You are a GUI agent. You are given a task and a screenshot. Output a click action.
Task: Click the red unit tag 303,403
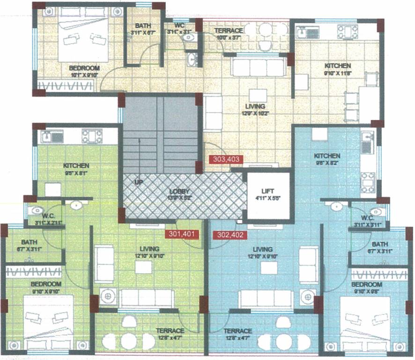[x=226, y=159]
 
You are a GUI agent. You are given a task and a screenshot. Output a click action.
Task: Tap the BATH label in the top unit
[x=142, y=26]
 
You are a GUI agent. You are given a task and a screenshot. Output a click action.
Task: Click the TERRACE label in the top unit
[x=229, y=30]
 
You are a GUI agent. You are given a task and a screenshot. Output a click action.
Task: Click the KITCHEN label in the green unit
[x=76, y=165]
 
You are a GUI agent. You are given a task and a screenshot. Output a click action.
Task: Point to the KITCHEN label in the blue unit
[x=327, y=156]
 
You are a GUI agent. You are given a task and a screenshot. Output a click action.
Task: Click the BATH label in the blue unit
[x=379, y=244]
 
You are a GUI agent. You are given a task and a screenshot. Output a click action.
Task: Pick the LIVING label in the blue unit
[x=265, y=248]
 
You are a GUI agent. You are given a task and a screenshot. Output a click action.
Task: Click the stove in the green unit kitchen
[x=92, y=136]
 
